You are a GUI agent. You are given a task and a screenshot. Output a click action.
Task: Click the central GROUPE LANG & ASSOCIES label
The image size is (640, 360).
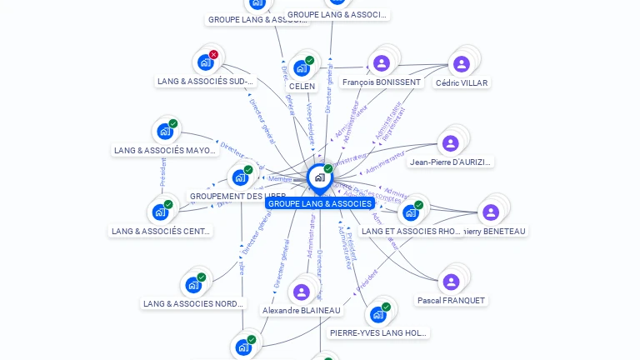[x=320, y=204]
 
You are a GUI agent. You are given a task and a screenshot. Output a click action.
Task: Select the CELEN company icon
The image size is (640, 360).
[x=302, y=68]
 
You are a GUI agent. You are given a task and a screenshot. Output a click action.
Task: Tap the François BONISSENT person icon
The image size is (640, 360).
[x=382, y=63]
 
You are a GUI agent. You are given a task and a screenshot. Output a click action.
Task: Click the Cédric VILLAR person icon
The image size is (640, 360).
[x=461, y=64]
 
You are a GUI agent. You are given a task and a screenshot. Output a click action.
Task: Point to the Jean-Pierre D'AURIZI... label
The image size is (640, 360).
[x=451, y=162]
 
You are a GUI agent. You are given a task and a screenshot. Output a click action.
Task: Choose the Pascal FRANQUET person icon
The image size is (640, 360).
[x=451, y=282]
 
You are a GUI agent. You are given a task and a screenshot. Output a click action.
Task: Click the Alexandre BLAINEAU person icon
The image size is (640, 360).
[x=302, y=292]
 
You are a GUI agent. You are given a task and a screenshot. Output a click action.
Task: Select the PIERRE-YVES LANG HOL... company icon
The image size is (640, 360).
[x=378, y=314]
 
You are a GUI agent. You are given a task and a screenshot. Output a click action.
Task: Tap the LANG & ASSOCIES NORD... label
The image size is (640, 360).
[x=193, y=304]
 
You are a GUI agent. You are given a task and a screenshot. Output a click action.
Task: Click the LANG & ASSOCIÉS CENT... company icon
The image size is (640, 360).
[x=160, y=212]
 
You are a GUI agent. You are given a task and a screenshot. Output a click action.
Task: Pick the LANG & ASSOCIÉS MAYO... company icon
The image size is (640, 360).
[x=165, y=132]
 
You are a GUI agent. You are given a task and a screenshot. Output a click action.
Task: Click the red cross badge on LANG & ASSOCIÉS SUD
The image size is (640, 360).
[x=213, y=55]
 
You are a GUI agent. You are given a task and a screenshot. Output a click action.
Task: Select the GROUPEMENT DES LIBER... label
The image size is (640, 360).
[x=237, y=197]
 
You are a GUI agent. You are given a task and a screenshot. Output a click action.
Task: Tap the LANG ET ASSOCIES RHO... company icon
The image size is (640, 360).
[x=411, y=212]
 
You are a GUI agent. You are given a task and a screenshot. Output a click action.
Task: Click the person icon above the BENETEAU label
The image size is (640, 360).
[x=491, y=212]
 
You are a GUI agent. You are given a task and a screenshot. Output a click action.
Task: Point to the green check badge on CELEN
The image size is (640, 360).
[x=309, y=61]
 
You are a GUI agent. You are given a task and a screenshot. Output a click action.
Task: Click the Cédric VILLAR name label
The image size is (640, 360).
[x=462, y=83]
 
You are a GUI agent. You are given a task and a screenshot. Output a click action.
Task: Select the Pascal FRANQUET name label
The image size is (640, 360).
[x=451, y=300]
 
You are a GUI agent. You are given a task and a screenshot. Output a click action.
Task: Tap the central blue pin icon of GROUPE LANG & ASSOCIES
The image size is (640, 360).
[x=319, y=177]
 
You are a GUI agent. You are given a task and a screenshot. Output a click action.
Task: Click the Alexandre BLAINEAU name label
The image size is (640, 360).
[x=302, y=311]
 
